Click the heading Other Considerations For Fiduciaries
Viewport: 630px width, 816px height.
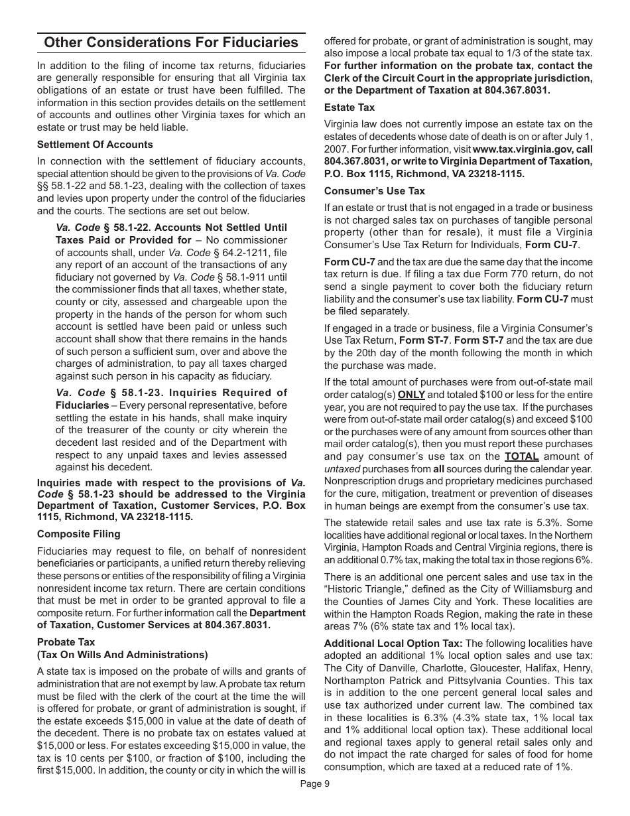[x=171, y=43]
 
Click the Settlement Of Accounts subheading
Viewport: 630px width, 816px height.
[x=95, y=145]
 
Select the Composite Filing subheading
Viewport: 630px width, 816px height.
[x=79, y=534]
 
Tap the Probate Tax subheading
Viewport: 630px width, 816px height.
[x=66, y=642]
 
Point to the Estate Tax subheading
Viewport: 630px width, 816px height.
[x=349, y=107]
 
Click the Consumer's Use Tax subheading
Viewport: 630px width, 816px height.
[x=375, y=191]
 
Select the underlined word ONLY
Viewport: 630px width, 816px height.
[x=411, y=394]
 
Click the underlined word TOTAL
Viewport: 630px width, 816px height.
[x=521, y=456]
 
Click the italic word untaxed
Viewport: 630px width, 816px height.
[x=342, y=469]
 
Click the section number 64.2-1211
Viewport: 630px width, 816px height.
[x=245, y=252]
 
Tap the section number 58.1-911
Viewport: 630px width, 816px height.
[x=244, y=277]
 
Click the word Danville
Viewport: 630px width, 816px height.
[x=384, y=668]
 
